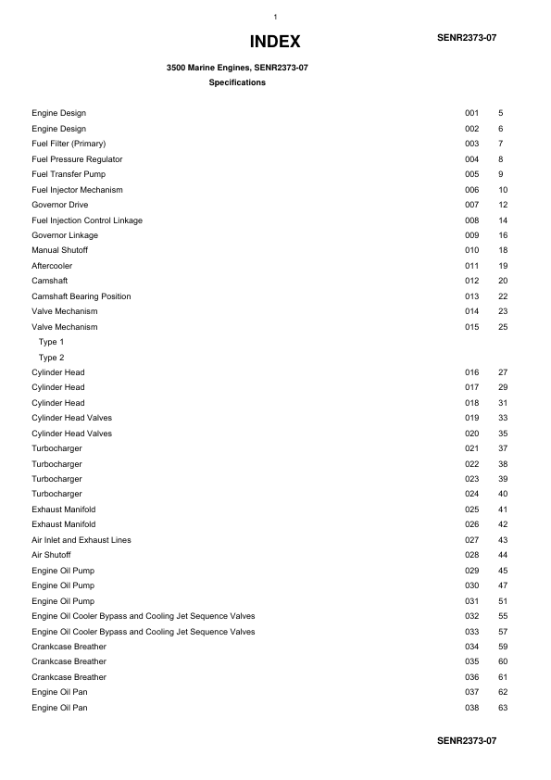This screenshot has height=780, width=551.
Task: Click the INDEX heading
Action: point(275,43)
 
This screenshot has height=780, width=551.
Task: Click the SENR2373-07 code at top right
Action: point(467,37)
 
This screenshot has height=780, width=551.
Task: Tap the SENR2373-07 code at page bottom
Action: point(467,741)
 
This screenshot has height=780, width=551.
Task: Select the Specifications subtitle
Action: point(237,82)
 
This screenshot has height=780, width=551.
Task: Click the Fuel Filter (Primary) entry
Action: point(69,144)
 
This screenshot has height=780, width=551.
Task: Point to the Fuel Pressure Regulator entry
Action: point(77,159)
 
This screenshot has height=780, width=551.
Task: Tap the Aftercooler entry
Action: point(52,266)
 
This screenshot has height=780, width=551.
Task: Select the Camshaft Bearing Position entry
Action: point(81,296)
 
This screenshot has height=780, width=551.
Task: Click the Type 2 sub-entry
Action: point(51,357)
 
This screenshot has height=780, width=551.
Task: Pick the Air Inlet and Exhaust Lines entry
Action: point(81,540)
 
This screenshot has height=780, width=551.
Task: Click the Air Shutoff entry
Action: point(51,555)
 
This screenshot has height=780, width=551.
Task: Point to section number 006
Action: point(471,190)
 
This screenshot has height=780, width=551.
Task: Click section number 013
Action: point(471,296)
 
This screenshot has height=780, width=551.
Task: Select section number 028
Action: point(471,555)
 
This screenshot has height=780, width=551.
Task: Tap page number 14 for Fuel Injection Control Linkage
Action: point(503,220)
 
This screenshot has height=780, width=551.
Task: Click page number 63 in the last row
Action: point(503,708)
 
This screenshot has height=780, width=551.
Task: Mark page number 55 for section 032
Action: point(503,616)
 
